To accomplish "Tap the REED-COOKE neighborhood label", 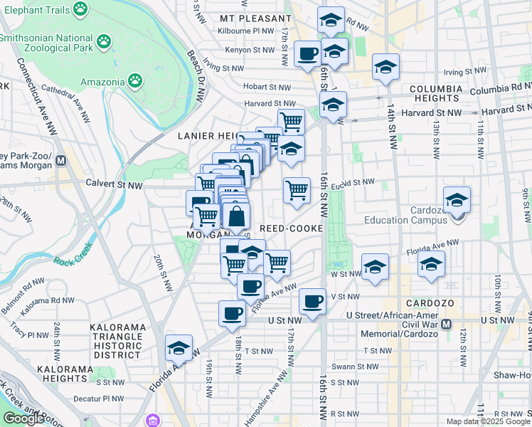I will click(292, 228).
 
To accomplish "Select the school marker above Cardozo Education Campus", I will click(457, 199).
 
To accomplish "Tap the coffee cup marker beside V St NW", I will click(312, 302).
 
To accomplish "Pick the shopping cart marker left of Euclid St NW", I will click(297, 190).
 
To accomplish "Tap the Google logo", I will click(24, 418).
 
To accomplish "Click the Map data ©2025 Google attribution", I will click(487, 421).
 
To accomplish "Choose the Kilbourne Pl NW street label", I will click(248, 31).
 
